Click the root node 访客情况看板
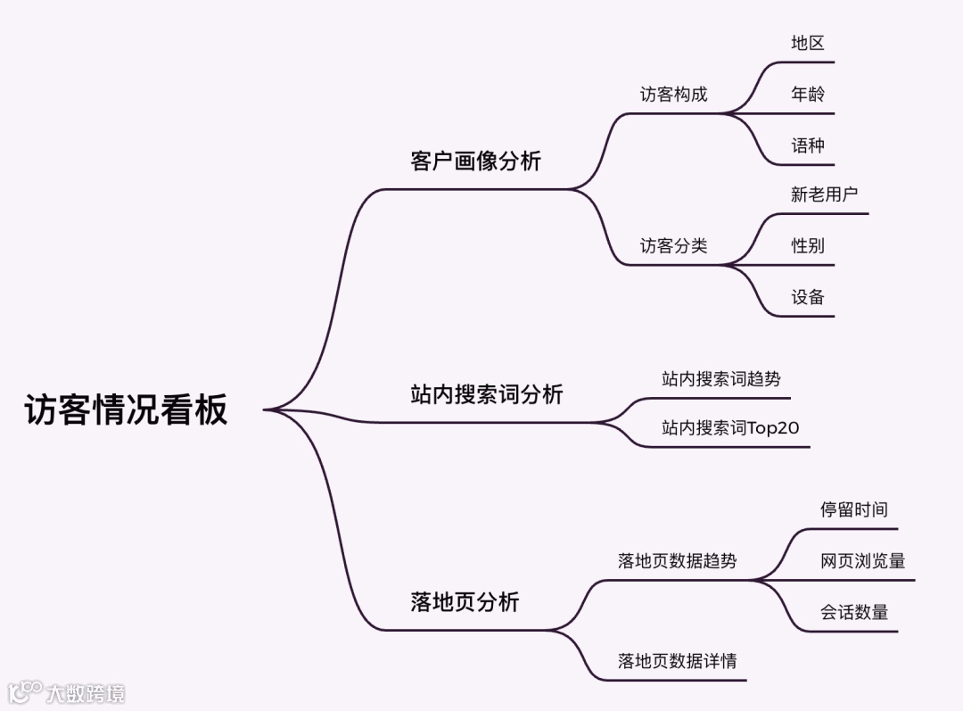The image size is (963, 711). (126, 409)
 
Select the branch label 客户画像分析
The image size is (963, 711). (475, 161)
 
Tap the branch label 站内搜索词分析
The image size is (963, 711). (486, 394)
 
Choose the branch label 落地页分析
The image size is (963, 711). (465, 602)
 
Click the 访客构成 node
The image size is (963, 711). (673, 95)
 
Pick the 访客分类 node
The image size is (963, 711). (673, 246)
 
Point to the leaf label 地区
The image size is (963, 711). (808, 43)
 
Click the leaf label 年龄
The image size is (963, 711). (808, 95)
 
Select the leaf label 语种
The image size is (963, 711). (808, 145)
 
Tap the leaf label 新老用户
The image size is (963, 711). (824, 194)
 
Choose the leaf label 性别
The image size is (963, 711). (808, 246)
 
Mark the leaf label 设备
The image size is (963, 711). (808, 298)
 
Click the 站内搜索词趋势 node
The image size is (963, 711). (720, 379)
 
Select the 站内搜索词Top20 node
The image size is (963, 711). (730, 428)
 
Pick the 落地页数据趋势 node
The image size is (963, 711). (677, 561)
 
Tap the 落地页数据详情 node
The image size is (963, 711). (677, 661)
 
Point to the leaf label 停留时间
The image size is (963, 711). (853, 509)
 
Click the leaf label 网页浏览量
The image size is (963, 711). (862, 561)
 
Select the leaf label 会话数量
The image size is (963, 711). (853, 613)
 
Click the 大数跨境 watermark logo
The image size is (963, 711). (66, 692)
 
